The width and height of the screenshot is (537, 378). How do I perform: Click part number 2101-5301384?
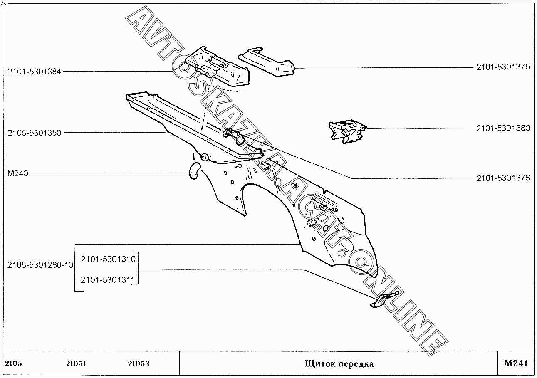click(35, 72)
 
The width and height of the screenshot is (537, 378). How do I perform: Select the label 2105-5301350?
click(35, 133)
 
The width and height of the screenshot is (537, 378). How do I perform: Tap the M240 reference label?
click(18, 173)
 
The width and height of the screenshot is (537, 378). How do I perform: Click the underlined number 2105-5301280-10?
click(40, 265)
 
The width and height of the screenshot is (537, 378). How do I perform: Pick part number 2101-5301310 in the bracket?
click(108, 259)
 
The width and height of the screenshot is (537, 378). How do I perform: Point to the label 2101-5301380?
click(503, 128)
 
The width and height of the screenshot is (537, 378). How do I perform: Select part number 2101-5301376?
click(503, 178)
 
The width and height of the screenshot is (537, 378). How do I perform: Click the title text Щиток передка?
click(339, 364)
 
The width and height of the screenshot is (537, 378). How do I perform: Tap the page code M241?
click(515, 363)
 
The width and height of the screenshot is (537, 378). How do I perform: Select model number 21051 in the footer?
click(76, 364)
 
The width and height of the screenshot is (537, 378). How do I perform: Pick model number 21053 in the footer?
click(139, 364)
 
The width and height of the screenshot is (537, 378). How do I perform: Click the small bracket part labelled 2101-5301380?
click(346, 131)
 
